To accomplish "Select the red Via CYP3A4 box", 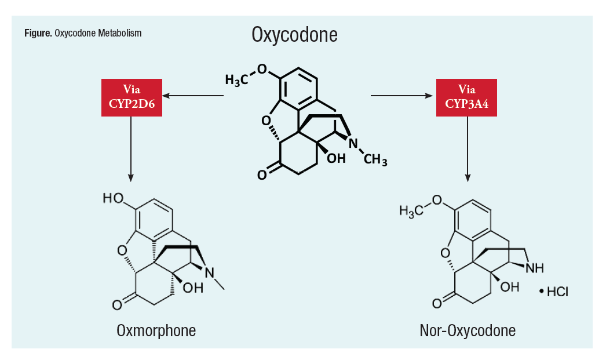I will [x=466, y=96].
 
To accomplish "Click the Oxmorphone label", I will [x=156, y=331].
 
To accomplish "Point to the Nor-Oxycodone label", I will [x=468, y=331].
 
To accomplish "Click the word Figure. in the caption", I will [x=38, y=33].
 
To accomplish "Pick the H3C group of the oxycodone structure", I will [x=236, y=80].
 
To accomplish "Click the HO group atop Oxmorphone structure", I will [x=114, y=199].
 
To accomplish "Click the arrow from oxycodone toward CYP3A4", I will [x=402, y=94].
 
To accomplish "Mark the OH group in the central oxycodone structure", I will [x=336, y=158].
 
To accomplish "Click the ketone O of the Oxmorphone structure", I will [x=116, y=303].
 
